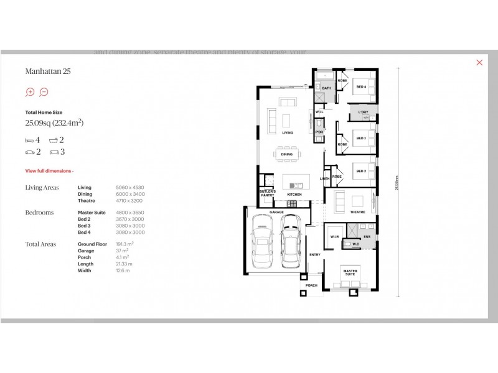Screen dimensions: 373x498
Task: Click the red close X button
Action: point(479,62)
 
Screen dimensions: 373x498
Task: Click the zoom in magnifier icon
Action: point(29,92)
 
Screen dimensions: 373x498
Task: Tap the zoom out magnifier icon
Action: point(44,92)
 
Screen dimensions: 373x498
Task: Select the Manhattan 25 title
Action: point(48,71)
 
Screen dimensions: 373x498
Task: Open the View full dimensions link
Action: point(49,170)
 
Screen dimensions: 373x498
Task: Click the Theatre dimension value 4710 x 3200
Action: point(129,201)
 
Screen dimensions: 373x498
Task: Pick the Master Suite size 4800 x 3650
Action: point(129,213)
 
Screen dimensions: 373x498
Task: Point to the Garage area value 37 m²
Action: point(123,251)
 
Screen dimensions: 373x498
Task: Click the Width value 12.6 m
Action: point(123,270)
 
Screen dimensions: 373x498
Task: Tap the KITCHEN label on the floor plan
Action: point(294,195)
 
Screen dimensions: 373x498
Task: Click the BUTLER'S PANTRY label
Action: point(268,193)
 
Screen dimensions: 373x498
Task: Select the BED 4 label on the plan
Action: point(361,86)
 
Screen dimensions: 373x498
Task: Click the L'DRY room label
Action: point(363,112)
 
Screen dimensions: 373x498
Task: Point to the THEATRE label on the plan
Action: point(357,212)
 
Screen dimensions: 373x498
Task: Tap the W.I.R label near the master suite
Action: point(332,236)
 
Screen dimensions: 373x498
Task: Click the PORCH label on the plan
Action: point(311,285)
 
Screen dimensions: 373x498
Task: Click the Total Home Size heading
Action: point(44,112)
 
